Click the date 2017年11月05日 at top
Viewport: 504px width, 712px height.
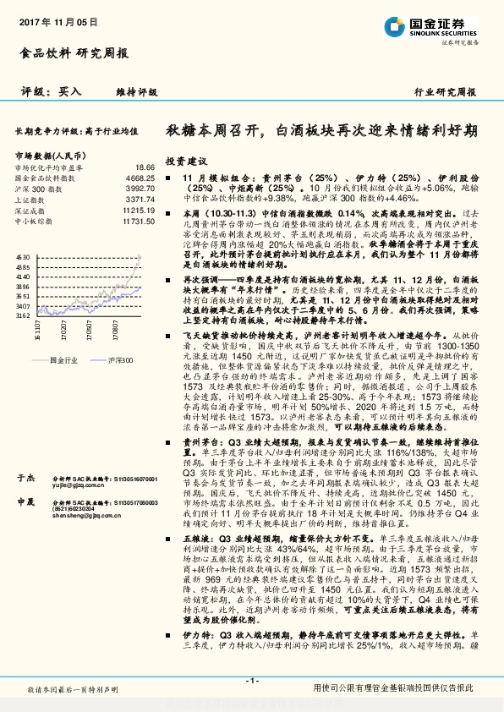point(51,19)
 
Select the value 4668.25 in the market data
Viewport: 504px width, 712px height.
point(140,178)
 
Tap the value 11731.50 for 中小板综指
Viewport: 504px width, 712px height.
point(138,221)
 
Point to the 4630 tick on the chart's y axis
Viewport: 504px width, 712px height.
point(23,255)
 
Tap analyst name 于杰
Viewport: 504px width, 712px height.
point(25,479)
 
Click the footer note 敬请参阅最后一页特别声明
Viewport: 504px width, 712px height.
point(72,691)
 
